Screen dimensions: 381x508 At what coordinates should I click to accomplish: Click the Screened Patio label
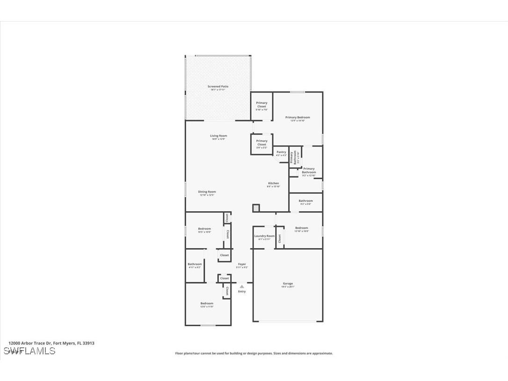click(218, 87)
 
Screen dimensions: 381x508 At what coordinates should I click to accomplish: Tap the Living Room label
click(218, 136)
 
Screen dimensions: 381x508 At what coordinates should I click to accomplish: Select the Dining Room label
click(207, 191)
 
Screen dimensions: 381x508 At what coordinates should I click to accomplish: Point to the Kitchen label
click(273, 183)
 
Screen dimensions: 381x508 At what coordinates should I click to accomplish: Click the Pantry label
click(281, 152)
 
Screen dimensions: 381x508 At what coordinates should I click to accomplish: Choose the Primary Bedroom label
click(298, 117)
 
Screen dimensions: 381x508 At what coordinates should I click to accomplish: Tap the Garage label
click(288, 284)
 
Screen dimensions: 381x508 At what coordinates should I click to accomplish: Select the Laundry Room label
click(264, 236)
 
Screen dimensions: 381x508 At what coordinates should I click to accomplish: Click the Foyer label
click(241, 264)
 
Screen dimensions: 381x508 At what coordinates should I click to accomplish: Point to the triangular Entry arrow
click(241, 286)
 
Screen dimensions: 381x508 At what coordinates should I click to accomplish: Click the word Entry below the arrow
click(241, 292)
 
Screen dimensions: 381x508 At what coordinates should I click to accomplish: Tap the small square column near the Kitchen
click(256, 207)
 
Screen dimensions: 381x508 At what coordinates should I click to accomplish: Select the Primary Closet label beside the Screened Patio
click(261, 104)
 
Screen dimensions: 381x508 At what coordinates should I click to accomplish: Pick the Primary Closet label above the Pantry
click(261, 142)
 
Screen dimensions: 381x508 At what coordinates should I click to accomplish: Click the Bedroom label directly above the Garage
click(301, 228)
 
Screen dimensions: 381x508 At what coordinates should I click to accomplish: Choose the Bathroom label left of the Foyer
click(195, 264)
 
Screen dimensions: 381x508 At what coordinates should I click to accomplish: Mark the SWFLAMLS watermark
click(29, 351)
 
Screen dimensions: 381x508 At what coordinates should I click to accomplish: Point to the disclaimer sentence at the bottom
click(254, 353)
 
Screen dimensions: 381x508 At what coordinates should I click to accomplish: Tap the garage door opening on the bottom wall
click(288, 321)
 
